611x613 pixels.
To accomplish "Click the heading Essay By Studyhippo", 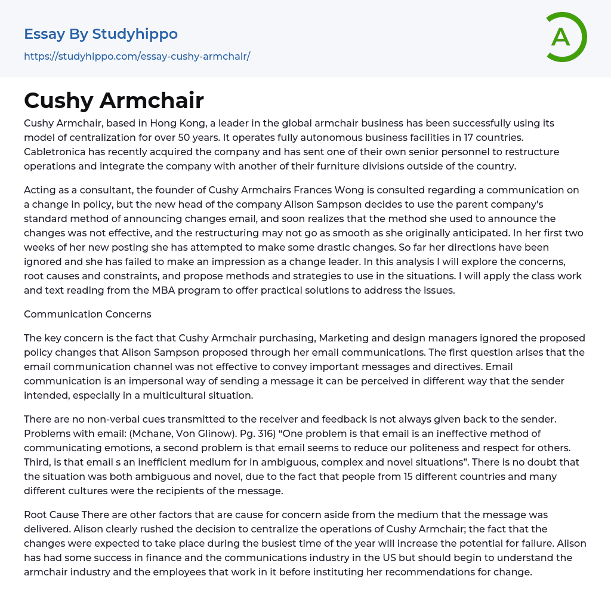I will [x=101, y=34].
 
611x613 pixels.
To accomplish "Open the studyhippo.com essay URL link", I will [x=137, y=57].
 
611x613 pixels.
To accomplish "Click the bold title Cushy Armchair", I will [x=114, y=101].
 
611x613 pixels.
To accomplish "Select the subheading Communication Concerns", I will [x=88, y=314].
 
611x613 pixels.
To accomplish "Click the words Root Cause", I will [x=51, y=515].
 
